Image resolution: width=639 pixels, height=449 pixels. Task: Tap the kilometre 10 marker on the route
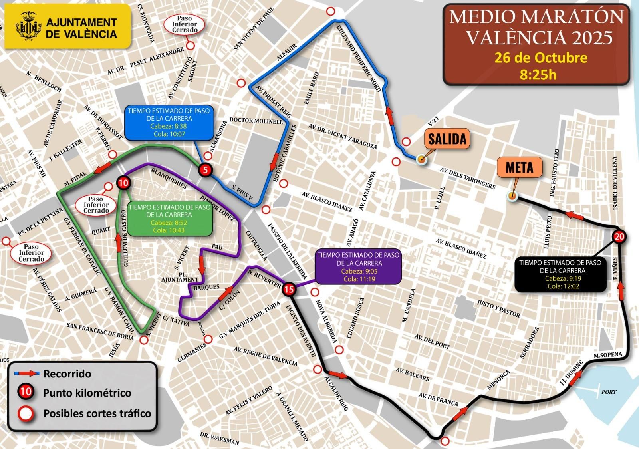(123, 183)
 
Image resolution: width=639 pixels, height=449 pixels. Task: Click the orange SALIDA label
(447, 139)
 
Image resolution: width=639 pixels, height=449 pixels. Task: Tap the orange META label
(519, 167)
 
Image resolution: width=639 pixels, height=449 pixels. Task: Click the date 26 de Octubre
(541, 58)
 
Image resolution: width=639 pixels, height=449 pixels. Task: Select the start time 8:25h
(538, 74)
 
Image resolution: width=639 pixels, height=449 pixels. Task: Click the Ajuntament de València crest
(28, 27)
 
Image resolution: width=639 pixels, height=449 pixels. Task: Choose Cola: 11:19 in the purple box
(359, 279)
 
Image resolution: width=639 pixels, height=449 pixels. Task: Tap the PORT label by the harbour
(609, 392)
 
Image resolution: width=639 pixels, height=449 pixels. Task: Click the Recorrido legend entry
(67, 374)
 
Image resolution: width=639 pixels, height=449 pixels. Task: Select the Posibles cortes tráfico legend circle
(26, 413)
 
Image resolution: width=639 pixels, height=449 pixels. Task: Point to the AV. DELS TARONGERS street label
(467, 178)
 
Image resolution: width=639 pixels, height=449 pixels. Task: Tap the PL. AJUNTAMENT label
(180, 277)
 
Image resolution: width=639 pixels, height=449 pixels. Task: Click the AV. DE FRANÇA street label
(438, 399)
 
